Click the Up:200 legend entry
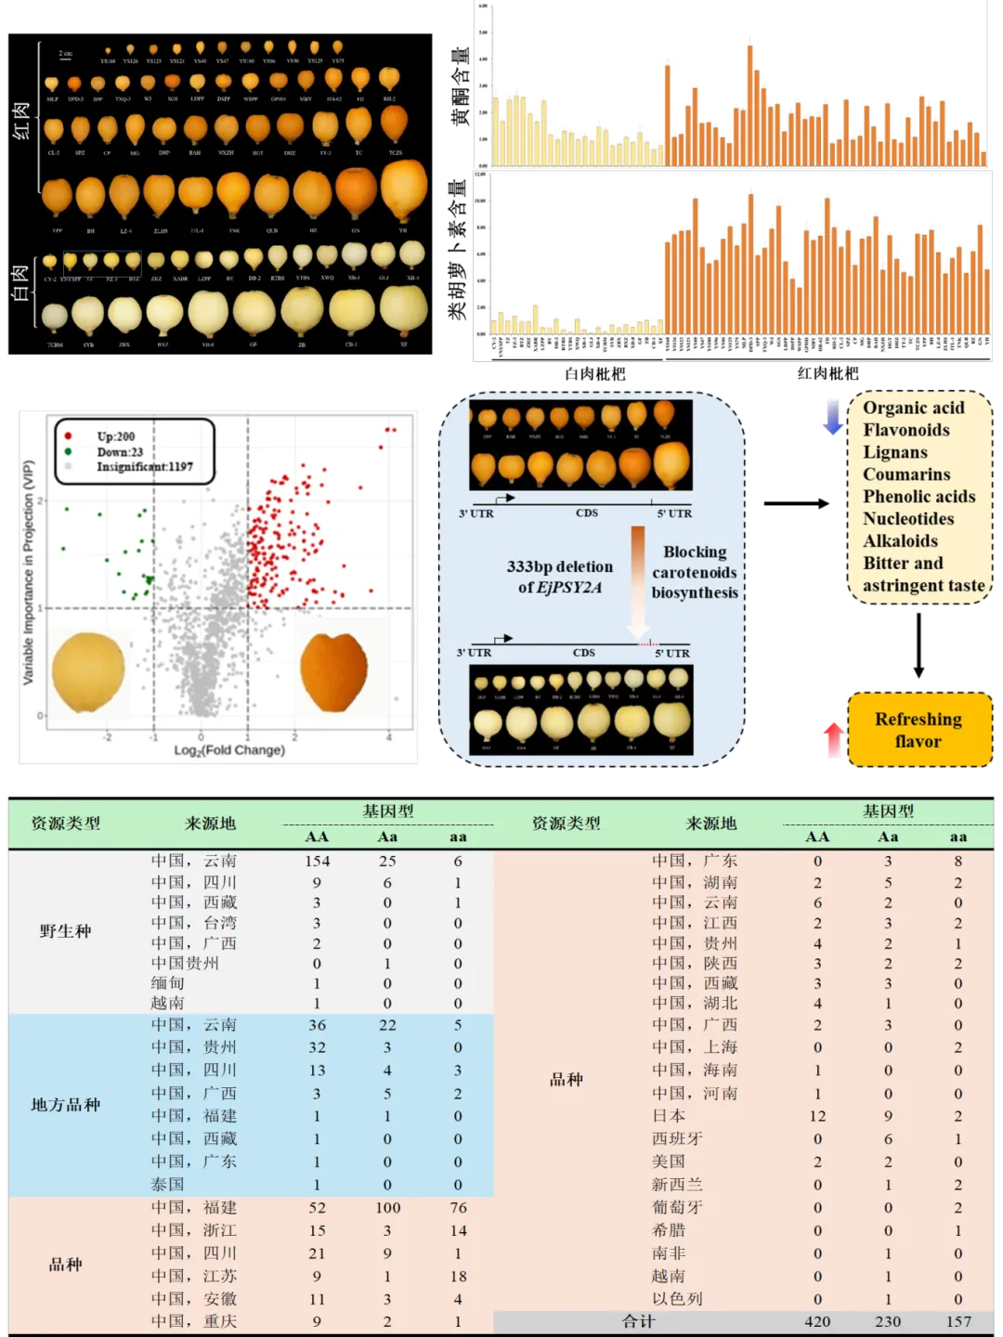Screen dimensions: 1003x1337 pyautogui.click(x=115, y=436)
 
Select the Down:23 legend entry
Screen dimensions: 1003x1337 pyautogui.click(x=119, y=452)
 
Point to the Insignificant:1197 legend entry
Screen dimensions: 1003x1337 pyautogui.click(x=144, y=467)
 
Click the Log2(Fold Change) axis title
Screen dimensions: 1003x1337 pyautogui.click(x=228, y=750)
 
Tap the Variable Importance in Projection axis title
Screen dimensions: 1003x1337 pyautogui.click(x=28, y=573)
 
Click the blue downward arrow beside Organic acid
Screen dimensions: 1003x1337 pyautogui.click(x=833, y=416)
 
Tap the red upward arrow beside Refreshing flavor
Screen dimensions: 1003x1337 pyautogui.click(x=834, y=741)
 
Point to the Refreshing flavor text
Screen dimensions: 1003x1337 pyautogui.click(x=918, y=730)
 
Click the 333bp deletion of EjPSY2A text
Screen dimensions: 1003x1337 pyautogui.click(x=559, y=577)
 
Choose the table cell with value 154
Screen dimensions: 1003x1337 pyautogui.click(x=317, y=862)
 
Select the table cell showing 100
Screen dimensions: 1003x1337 pyautogui.click(x=387, y=1208)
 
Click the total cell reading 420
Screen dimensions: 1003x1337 pyautogui.click(x=817, y=1321)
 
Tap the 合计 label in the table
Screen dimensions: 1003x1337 pyautogui.click(x=638, y=1321)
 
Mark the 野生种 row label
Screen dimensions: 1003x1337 pyautogui.click(x=65, y=931)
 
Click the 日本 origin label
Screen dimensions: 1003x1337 pyautogui.click(x=668, y=1116)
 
